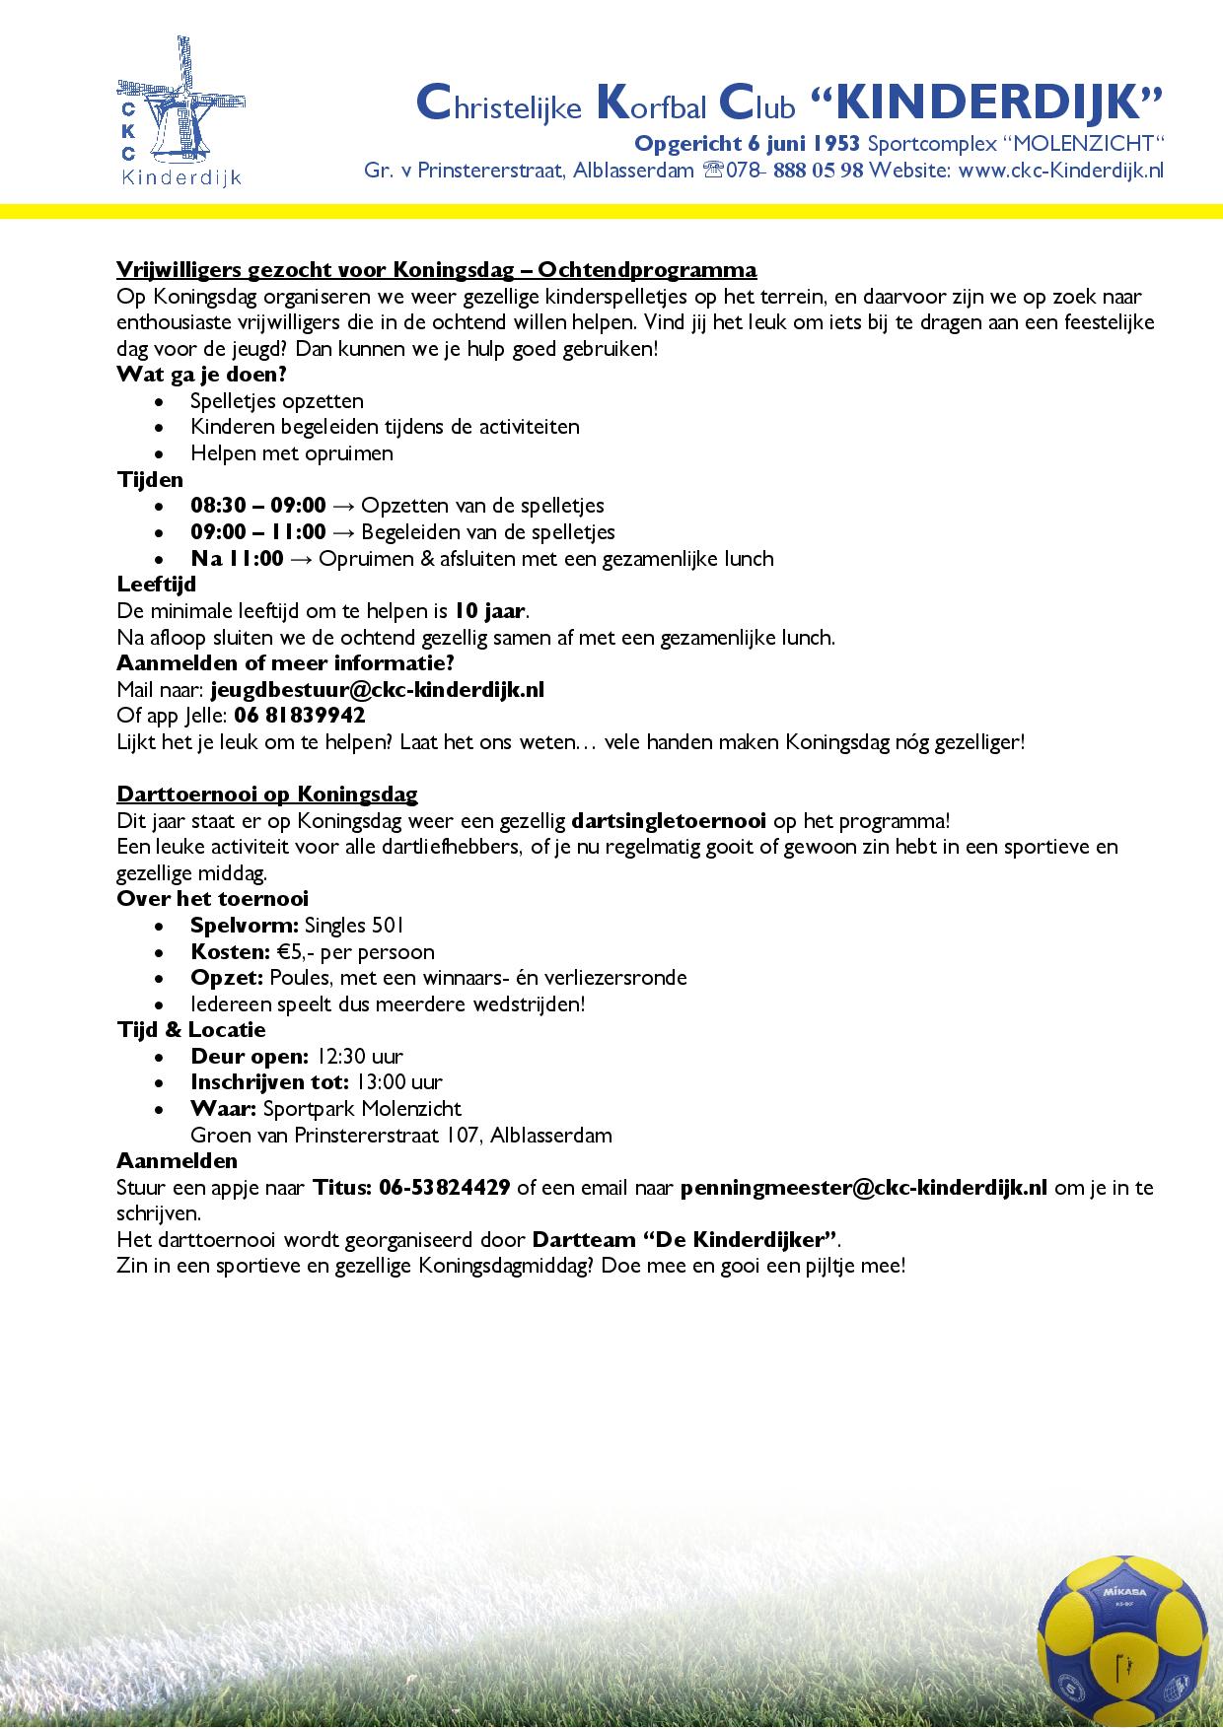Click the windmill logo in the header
point(180,110)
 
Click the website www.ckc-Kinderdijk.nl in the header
point(1060,170)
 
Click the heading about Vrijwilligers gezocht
point(436,270)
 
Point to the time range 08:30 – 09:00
point(257,506)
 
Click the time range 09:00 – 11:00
point(257,532)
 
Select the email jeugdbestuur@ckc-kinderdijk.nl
point(377,690)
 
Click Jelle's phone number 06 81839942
point(300,716)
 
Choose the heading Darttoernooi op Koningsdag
point(266,794)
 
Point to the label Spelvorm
point(244,926)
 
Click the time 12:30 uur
point(360,1057)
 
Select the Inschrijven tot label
point(268,1082)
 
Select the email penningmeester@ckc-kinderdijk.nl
point(863,1188)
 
